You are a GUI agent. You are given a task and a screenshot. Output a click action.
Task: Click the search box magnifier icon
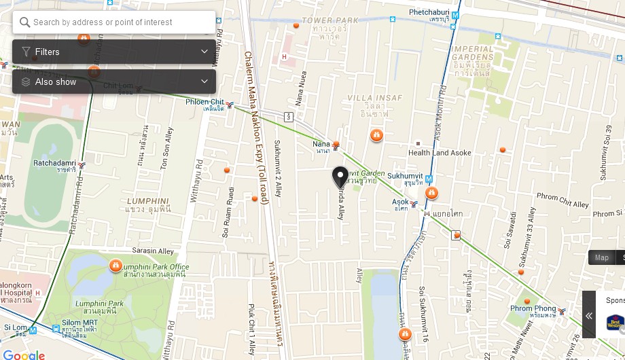[25, 22]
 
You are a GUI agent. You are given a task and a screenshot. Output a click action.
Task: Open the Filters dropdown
[114, 52]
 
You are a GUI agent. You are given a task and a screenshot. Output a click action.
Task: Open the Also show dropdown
[114, 82]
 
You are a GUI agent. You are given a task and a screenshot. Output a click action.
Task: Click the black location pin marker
[340, 177]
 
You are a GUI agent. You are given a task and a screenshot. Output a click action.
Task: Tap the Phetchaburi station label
[429, 12]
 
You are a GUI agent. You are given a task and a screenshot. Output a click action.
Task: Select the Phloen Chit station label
[204, 103]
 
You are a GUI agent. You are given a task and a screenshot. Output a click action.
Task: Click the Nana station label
[321, 144]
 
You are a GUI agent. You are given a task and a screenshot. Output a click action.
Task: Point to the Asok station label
[401, 202]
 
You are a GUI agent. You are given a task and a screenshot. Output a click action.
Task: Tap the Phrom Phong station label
[533, 309]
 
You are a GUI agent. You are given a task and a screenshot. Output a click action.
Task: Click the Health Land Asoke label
[440, 153]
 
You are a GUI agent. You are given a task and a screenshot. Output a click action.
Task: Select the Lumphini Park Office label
[156, 267]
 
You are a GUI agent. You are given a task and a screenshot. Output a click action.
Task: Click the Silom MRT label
[79, 323]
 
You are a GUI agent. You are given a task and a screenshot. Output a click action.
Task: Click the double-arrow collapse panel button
[589, 316]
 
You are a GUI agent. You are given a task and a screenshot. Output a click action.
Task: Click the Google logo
[24, 355]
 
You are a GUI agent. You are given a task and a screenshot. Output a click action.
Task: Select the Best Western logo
[615, 322]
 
